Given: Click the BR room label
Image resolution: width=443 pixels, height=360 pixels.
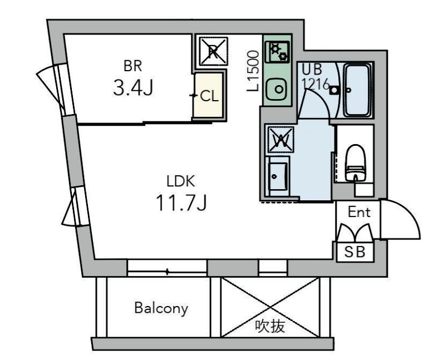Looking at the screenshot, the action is (x=133, y=66).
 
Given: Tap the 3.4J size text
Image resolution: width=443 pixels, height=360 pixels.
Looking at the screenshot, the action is (x=133, y=87).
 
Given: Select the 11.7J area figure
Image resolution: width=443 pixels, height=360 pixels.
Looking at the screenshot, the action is (x=181, y=203).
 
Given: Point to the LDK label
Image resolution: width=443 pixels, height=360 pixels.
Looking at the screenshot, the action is (x=181, y=181).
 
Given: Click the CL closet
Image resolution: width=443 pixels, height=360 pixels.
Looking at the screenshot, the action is (x=209, y=95).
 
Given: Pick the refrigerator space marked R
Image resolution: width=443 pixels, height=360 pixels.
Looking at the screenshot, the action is (x=213, y=51).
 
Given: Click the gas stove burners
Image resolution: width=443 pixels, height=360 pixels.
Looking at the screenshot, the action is (x=278, y=52).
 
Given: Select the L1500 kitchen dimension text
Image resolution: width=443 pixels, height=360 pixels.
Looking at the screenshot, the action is (x=253, y=71).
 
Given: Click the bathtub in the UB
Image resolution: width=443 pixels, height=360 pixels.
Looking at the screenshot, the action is (x=357, y=90).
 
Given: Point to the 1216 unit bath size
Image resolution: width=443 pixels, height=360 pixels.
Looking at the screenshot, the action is (x=316, y=83).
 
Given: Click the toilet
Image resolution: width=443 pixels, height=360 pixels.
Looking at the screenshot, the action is (x=356, y=163).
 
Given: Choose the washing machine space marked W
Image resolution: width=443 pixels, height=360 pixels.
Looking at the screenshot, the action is (x=281, y=140).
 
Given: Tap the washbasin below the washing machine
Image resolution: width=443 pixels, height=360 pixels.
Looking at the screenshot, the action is (x=278, y=176).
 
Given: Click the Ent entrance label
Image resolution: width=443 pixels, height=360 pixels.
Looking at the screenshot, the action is (x=359, y=212).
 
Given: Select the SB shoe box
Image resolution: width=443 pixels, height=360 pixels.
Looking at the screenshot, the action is (x=355, y=251).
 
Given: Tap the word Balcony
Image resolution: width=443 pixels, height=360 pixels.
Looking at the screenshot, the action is (x=161, y=308).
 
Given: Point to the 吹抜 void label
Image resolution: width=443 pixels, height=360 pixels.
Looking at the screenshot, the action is (x=270, y=327).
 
